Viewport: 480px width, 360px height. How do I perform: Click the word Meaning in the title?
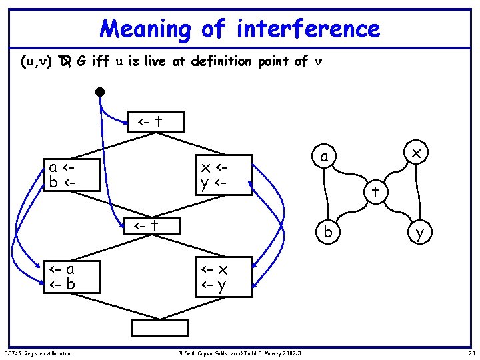point(145,29)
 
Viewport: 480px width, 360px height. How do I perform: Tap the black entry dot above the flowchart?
point(100,91)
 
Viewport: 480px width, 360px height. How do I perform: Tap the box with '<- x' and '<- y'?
point(223,277)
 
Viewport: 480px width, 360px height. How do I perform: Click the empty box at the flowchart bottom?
point(160,329)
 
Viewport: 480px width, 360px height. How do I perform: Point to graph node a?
point(324,157)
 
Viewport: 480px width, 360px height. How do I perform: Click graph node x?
point(416,153)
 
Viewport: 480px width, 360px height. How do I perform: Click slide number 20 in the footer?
point(470,353)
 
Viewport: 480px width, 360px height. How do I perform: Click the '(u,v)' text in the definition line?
point(37,62)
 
